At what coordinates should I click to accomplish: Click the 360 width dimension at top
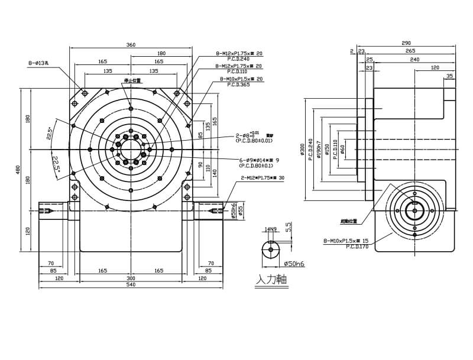131,45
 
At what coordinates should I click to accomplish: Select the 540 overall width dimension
131,285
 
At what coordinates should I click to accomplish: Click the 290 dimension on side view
406,44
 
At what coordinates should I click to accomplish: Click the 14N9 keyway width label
271,229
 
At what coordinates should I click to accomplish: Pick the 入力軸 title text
271,279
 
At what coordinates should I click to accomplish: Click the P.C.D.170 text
358,247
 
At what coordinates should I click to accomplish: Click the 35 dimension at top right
450,76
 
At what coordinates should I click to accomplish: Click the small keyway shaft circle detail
271,249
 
